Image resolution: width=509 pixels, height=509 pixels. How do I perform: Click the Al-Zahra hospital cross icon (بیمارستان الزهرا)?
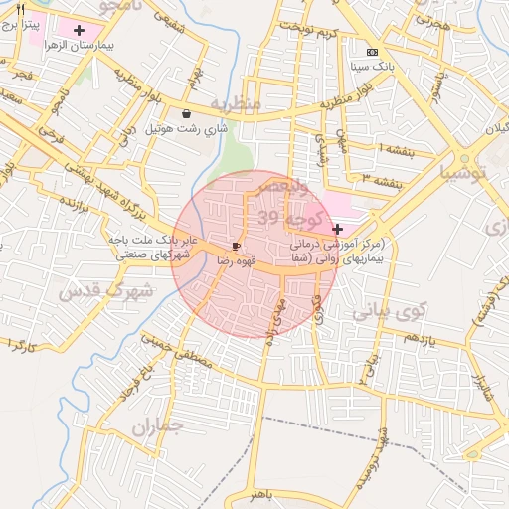tap(80, 31)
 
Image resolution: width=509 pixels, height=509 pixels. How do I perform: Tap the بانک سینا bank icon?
tap(373, 52)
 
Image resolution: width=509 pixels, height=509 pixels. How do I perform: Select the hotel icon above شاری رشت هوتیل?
tap(187, 113)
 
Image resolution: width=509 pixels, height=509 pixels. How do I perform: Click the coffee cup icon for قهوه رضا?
tap(237, 245)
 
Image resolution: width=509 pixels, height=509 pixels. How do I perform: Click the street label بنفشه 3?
tap(380, 179)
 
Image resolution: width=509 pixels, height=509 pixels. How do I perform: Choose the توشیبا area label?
tap(465, 172)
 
